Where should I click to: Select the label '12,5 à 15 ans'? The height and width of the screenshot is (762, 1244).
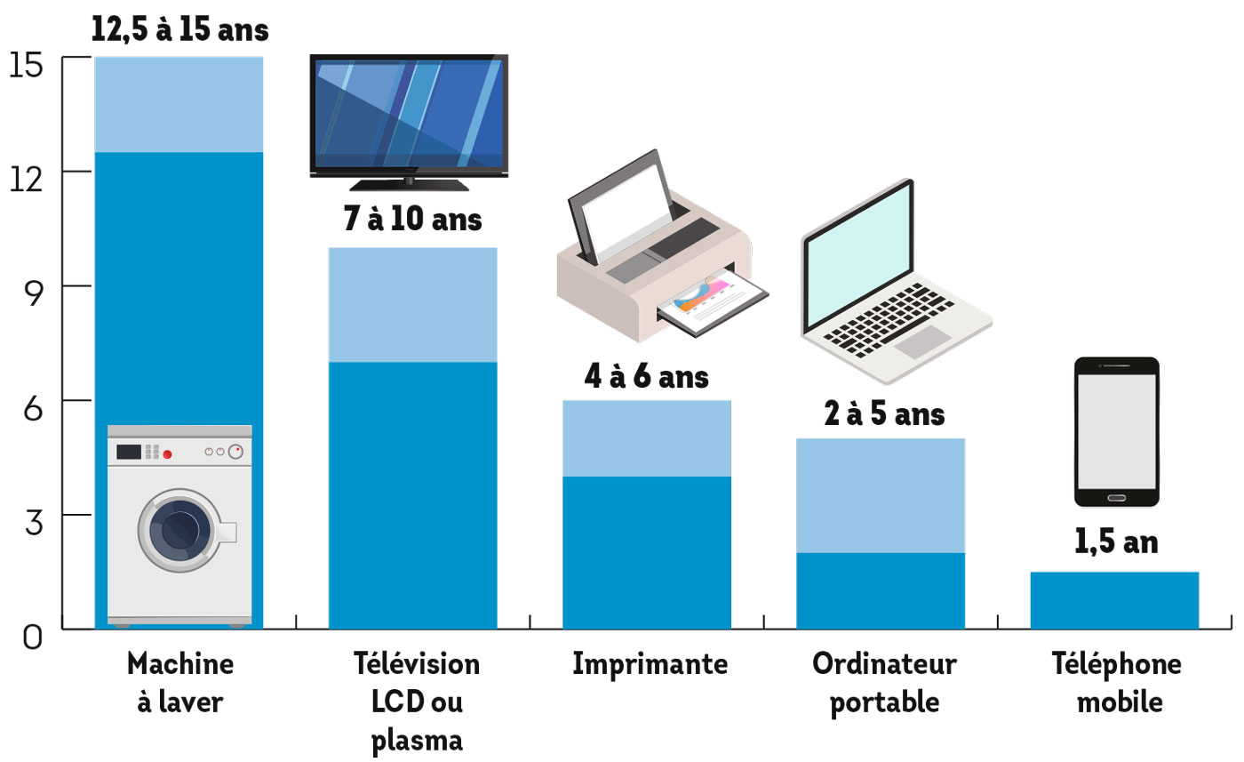pos(179,29)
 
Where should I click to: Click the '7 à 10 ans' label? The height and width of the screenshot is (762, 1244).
pos(412,219)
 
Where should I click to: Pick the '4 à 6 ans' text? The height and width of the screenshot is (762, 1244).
pos(646,376)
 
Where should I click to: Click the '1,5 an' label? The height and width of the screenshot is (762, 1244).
pos(1115,542)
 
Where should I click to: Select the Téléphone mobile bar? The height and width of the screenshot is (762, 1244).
pos(1114,600)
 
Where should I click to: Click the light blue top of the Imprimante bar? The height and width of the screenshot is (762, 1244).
pos(647,438)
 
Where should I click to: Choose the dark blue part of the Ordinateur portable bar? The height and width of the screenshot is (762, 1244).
pos(880,590)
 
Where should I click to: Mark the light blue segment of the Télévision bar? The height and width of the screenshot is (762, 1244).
pos(412,304)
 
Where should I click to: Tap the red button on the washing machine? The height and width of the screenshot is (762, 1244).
pos(167,454)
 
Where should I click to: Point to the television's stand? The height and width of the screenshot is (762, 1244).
pos(409,184)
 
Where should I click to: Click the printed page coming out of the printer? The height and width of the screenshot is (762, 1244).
pos(711,301)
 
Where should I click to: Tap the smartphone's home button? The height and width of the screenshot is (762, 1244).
pos(1117,495)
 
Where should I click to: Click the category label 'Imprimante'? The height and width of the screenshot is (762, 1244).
pos(650,664)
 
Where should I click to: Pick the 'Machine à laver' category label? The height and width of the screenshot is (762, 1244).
pos(180,683)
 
